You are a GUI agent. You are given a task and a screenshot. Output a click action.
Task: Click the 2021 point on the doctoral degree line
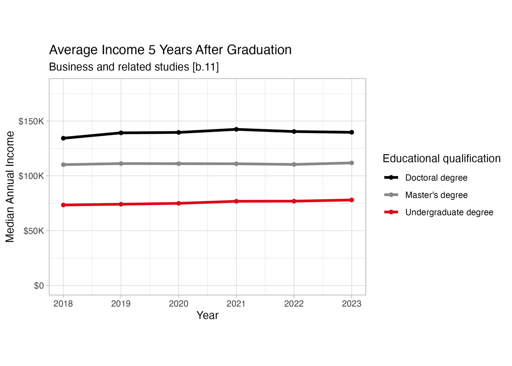pyautogui.click(x=236, y=130)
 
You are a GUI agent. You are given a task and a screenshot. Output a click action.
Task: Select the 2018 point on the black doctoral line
pyautogui.click(x=63, y=138)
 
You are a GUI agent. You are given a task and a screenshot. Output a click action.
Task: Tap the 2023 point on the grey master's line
pyautogui.click(x=352, y=163)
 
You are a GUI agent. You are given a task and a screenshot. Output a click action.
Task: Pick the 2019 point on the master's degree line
pyautogui.click(x=121, y=164)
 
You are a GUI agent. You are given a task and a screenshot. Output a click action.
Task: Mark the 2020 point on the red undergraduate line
pyautogui.click(x=179, y=203)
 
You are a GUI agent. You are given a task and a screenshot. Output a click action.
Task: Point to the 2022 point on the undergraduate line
pyautogui.click(x=294, y=201)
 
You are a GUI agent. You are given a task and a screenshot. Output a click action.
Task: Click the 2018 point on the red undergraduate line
pyautogui.click(x=63, y=205)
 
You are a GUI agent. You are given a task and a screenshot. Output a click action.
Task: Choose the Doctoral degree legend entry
pyautogui.click(x=436, y=178)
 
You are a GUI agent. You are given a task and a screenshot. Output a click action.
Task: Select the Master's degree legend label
pyautogui.click(x=436, y=195)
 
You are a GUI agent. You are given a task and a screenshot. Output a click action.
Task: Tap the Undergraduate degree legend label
pyautogui.click(x=449, y=212)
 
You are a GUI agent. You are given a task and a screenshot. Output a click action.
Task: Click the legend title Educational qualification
pyautogui.click(x=441, y=159)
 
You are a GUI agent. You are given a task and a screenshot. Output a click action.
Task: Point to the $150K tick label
pyautogui.click(x=31, y=121)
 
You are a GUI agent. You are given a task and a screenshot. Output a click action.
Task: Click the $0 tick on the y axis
pyautogui.click(x=39, y=286)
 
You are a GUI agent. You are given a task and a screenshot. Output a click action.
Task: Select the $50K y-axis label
pyautogui.click(x=34, y=231)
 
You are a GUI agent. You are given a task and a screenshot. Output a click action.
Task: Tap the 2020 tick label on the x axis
pyautogui.click(x=179, y=303)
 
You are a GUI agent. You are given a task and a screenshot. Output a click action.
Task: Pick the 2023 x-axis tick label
pyautogui.click(x=352, y=303)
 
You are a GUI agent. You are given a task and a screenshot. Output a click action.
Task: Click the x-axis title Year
pyautogui.click(x=207, y=315)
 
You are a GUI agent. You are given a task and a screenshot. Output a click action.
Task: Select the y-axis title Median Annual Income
pyautogui.click(x=10, y=187)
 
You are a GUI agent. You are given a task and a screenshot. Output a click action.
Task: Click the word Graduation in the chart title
pyautogui.click(x=259, y=50)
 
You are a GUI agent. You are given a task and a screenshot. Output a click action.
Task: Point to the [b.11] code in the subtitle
pyautogui.click(x=206, y=67)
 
